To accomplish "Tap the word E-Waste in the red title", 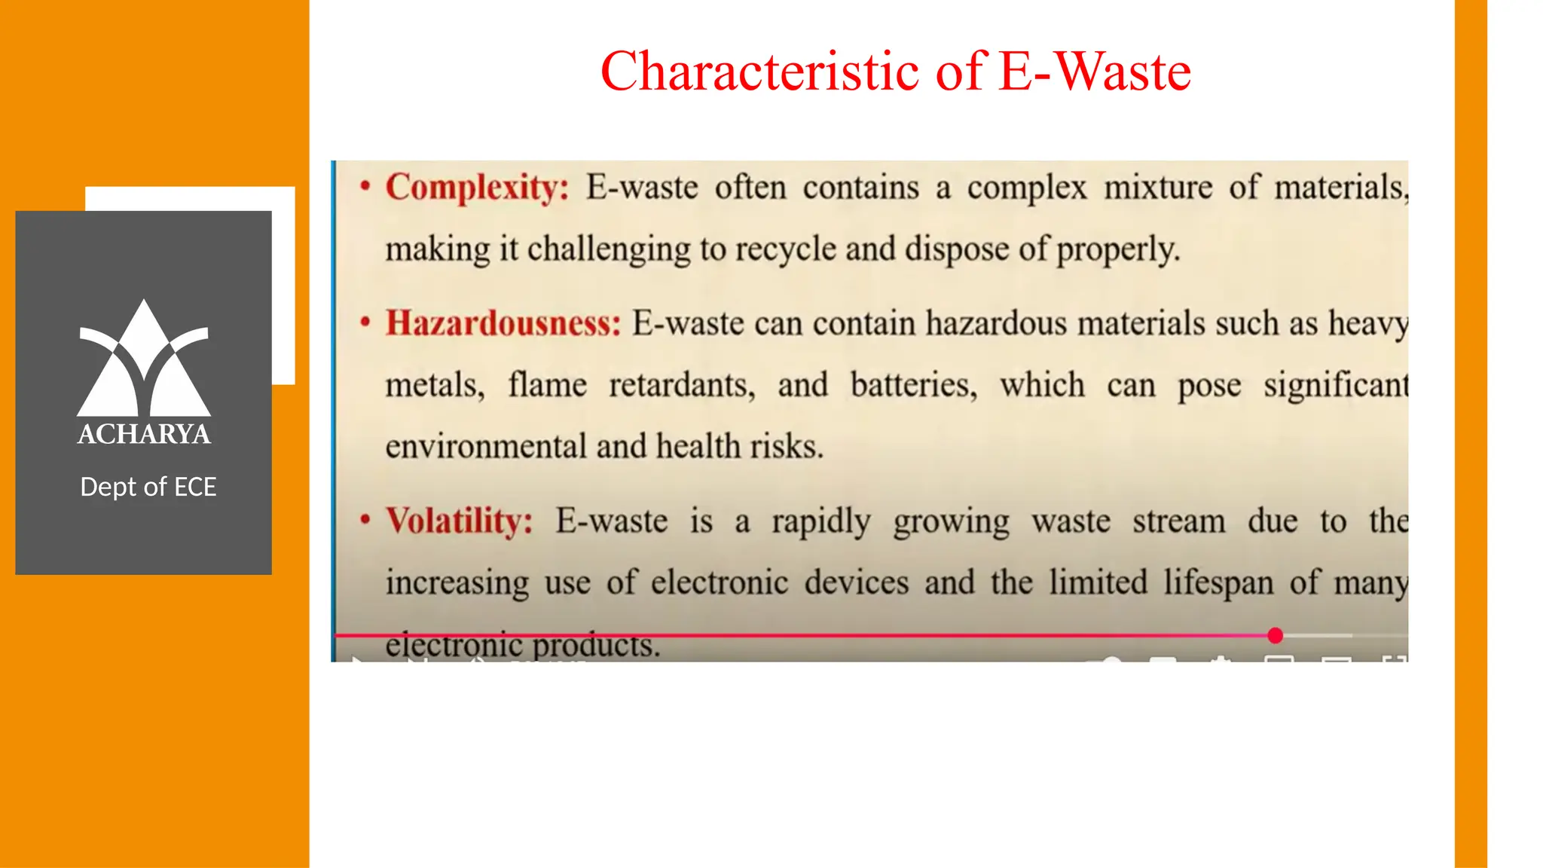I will [x=1095, y=72].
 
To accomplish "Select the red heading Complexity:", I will [x=477, y=187].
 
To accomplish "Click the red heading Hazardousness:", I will [x=503, y=323].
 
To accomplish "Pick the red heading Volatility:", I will [x=460, y=521].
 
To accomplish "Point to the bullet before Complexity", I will [x=365, y=185].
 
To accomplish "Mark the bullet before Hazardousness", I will [x=365, y=322].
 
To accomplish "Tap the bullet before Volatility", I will [x=365, y=520].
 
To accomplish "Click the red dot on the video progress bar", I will [x=1275, y=636].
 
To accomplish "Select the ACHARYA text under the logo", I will [x=144, y=434].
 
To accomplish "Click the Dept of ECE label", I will [x=148, y=487].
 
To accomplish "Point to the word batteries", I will [x=913, y=385].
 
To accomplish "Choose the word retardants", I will [x=681, y=385].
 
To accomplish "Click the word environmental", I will [x=485, y=447].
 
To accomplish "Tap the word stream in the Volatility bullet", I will [x=1178, y=521].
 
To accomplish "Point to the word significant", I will [x=1335, y=385].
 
